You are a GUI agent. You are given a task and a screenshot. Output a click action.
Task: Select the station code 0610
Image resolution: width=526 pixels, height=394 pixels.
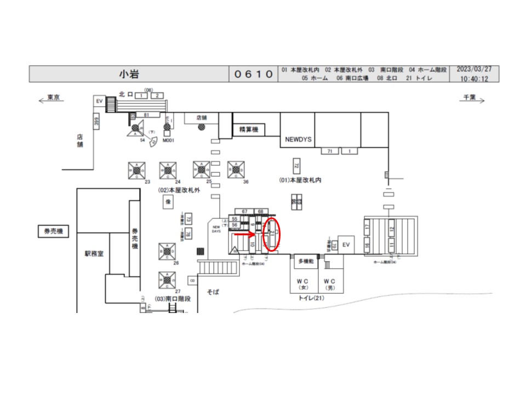[253, 74]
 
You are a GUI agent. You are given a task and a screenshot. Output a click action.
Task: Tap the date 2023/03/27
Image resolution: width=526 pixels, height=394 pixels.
[474, 70]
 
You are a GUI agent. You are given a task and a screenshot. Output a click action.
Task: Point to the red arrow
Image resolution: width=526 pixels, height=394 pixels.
[245, 235]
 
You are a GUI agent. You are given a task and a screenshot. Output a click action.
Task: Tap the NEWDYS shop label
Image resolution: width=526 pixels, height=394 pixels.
[298, 140]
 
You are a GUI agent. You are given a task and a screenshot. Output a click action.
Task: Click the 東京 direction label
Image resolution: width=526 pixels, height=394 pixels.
[53, 97]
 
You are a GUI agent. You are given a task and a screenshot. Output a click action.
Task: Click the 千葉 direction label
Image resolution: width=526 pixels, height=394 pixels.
[469, 97]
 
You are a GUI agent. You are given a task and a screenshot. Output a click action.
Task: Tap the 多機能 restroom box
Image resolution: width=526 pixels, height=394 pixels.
[306, 262]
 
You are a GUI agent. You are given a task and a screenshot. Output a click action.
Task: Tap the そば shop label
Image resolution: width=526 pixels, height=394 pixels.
[213, 292]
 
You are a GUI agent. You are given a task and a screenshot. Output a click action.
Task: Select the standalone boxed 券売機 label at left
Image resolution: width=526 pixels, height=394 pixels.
[53, 231]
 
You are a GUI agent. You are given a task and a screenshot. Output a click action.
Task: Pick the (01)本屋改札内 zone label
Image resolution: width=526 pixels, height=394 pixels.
[300, 180]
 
